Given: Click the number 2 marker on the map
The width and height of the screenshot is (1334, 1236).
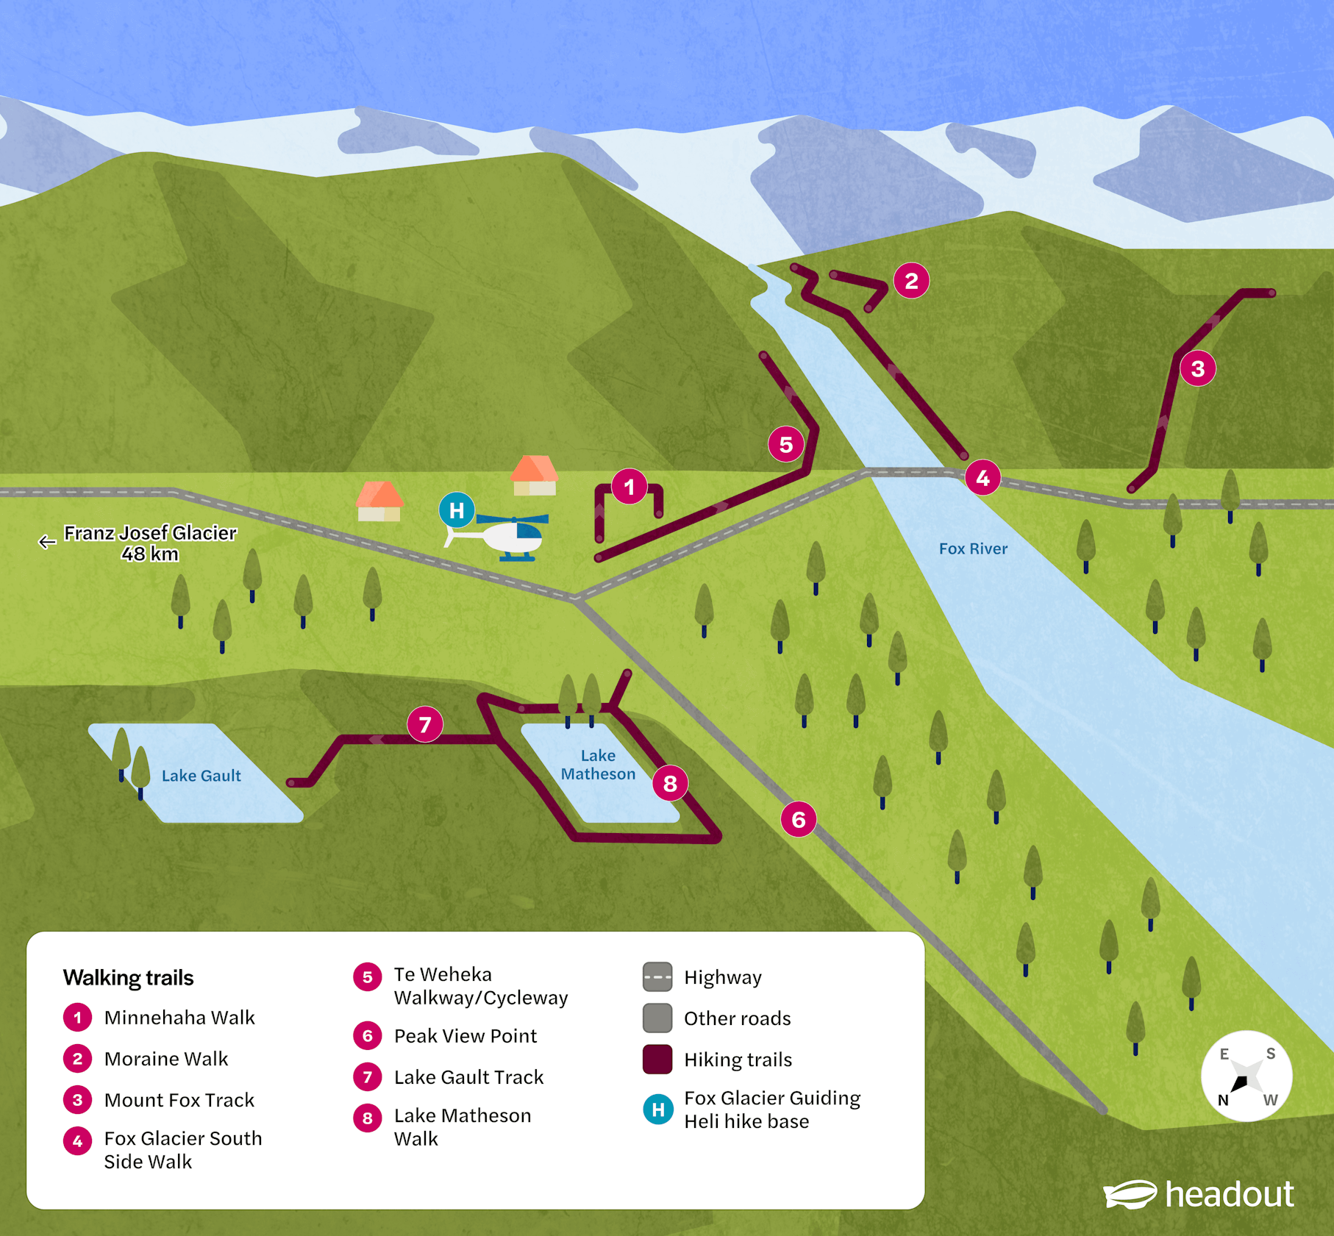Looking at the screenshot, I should (911, 281).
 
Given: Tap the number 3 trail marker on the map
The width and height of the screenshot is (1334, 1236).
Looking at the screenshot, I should (1197, 368).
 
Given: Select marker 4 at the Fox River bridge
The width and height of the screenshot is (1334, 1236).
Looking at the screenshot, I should (982, 479).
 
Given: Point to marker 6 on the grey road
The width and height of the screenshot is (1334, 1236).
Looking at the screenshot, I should (799, 819).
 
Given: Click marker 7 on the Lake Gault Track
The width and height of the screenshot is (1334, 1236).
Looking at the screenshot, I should (425, 725).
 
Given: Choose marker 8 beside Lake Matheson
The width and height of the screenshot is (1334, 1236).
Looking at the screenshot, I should (670, 784).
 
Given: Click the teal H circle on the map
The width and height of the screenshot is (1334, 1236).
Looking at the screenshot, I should (457, 510).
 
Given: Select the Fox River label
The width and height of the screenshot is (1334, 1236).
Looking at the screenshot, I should (973, 549).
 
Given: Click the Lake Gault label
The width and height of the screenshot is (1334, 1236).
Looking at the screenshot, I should (201, 776).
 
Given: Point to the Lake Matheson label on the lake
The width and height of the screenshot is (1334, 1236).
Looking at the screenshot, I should (598, 765).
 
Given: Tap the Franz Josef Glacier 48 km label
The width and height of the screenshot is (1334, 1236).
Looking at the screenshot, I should (150, 543).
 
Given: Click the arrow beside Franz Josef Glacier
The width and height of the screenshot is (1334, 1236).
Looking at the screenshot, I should (47, 542).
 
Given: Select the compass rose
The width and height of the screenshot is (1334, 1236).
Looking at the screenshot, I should (1246, 1076).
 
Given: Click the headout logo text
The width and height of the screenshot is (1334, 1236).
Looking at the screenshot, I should (1230, 1194).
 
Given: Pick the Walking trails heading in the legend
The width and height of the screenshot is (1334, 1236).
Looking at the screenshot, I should (129, 978).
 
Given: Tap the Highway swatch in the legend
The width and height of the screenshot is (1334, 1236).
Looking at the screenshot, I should (657, 977).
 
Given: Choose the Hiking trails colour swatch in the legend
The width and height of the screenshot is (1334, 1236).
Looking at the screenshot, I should (657, 1060).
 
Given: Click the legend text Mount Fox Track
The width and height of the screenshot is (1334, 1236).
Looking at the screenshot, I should (179, 1100).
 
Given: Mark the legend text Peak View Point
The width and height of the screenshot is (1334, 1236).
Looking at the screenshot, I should (466, 1036).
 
